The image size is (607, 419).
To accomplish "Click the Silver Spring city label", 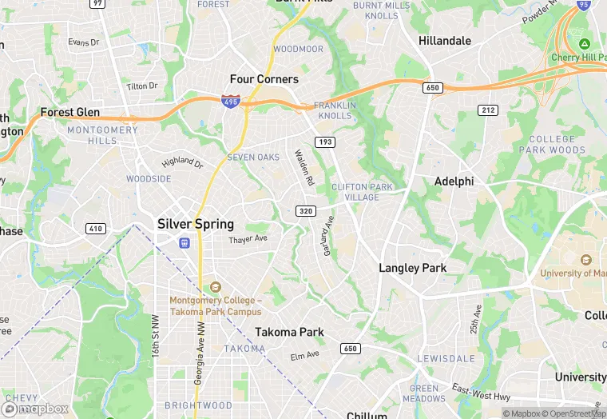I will (x=196, y=224).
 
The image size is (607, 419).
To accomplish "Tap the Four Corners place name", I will (x=264, y=79).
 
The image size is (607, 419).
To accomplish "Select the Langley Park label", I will (x=412, y=268).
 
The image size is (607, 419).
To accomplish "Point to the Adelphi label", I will (x=454, y=182).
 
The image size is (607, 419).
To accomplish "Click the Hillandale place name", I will (x=445, y=40).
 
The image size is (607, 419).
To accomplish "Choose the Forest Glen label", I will (x=70, y=113).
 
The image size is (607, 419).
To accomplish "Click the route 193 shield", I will (x=324, y=142).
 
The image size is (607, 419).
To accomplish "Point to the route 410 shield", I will (x=96, y=229).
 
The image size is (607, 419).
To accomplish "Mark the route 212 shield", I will (x=488, y=110).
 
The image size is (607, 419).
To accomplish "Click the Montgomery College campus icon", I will (x=214, y=287).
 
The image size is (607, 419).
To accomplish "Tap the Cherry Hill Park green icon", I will (x=585, y=43).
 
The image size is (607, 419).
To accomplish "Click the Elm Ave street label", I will (x=304, y=354).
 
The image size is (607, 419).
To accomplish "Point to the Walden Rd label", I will (x=304, y=169).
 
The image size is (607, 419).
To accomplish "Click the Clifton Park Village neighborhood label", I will (x=362, y=192).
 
